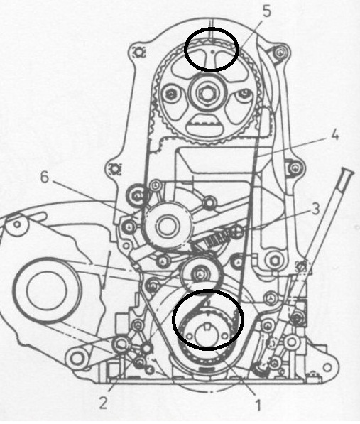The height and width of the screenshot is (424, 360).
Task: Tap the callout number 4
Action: pyautogui.click(x=334, y=135)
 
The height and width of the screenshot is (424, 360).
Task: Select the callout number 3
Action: pyautogui.click(x=316, y=209)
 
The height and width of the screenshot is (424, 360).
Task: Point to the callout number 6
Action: pyautogui.click(x=45, y=178)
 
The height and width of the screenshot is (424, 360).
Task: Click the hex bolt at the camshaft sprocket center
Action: pyautogui.click(x=207, y=93)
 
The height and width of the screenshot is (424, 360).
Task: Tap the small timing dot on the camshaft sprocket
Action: pyautogui.click(x=213, y=50)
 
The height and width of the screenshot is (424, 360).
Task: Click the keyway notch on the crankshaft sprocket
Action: pyautogui.click(x=207, y=327)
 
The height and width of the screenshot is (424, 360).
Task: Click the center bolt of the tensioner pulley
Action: pyautogui.click(x=200, y=274)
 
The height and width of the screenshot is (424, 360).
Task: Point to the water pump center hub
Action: pyautogui.click(x=167, y=226)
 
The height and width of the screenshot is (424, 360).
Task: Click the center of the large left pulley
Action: pyautogui.click(x=46, y=290)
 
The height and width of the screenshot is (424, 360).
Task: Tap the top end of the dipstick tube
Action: pyautogui.click(x=347, y=171)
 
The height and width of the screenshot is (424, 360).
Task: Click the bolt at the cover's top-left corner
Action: pyautogui.click(x=139, y=52)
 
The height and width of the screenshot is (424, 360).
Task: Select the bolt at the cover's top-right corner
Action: pyautogui.click(x=280, y=53)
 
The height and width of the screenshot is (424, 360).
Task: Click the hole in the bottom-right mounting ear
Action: pyautogui.click(x=327, y=368)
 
